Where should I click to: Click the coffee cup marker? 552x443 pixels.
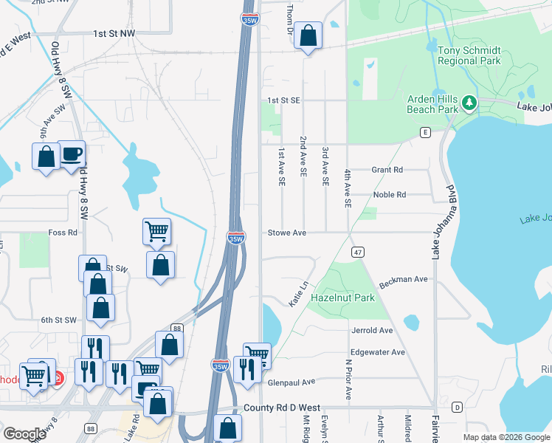coord(72,154)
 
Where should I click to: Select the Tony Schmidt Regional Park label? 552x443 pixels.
coord(469,55)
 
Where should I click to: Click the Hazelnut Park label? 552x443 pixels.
coord(342,298)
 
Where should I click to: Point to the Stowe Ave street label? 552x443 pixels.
coord(286,233)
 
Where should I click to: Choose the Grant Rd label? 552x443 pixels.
coord(387,169)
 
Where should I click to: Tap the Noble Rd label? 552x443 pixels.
coord(390,195)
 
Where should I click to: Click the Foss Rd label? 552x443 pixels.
coord(63,233)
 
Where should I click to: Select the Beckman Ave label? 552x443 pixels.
coord(404,281)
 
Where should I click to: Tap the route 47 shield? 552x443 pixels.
coord(357,252)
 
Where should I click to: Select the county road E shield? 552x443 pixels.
coord(425,132)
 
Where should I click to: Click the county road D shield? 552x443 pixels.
coord(457,407)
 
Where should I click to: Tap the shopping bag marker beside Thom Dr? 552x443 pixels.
coord(308,35)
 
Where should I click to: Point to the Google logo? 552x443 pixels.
coord(24,434)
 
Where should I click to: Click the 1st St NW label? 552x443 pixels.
coord(114,33)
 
